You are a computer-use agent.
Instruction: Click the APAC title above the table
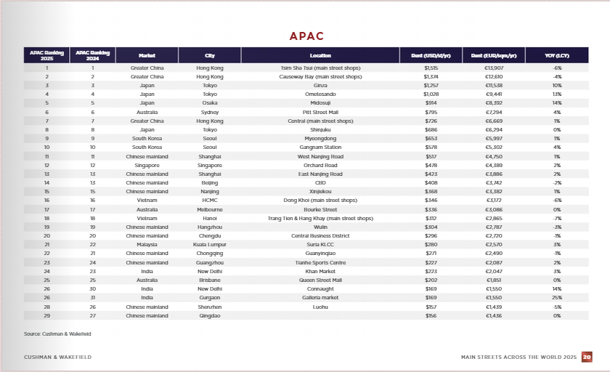(x=306, y=36)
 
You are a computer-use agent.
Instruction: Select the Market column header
(x=147, y=55)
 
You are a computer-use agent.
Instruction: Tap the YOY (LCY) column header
(x=557, y=55)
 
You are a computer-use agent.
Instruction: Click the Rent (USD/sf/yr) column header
(x=431, y=55)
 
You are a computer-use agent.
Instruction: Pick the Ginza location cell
(x=320, y=85)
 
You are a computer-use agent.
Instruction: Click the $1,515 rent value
(x=431, y=68)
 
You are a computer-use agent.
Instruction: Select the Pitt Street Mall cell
(x=320, y=113)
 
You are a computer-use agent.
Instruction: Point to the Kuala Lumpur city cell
(x=210, y=245)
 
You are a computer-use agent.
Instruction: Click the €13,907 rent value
(x=494, y=68)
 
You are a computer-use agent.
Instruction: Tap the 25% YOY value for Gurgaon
(x=557, y=297)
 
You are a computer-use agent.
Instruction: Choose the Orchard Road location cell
(x=320, y=165)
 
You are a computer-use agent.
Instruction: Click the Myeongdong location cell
(x=320, y=138)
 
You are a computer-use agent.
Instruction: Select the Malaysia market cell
(x=147, y=245)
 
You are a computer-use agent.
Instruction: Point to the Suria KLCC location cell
(x=320, y=245)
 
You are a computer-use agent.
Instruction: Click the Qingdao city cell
(x=210, y=315)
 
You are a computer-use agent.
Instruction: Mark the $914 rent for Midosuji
(x=431, y=103)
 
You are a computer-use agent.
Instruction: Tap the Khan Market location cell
(x=320, y=271)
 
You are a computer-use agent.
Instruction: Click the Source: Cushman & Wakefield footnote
(x=57, y=333)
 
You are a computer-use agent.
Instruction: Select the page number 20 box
(x=587, y=357)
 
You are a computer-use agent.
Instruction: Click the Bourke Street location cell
(x=320, y=209)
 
